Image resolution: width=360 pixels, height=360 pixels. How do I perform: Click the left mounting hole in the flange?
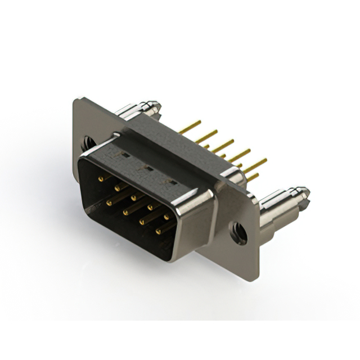click(89, 143)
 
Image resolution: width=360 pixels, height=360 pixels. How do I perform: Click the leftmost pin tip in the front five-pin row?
click(101, 179)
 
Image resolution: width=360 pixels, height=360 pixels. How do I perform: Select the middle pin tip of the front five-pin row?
click(134, 197)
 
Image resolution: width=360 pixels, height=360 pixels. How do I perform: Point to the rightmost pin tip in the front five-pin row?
click(166, 216)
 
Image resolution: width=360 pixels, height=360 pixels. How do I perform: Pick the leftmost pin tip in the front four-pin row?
click(109, 201)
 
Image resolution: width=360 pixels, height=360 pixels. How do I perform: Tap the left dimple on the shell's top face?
click(125, 153)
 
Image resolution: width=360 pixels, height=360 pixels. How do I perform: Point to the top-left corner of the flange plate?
click(77, 100)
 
